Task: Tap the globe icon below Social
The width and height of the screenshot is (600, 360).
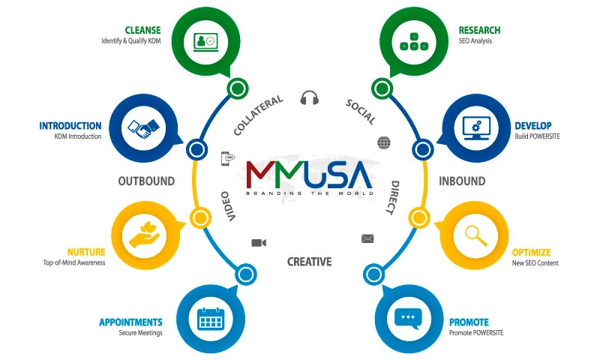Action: (x=384, y=142)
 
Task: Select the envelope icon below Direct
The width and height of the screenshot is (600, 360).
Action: (x=367, y=238)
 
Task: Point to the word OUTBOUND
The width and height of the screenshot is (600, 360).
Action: (x=146, y=181)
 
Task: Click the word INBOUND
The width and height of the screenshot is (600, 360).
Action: (x=462, y=181)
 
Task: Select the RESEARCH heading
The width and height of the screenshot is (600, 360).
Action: (x=479, y=31)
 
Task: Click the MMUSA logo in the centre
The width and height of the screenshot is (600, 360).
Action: (x=309, y=174)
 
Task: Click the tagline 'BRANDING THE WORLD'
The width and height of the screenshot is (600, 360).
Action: (x=309, y=193)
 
